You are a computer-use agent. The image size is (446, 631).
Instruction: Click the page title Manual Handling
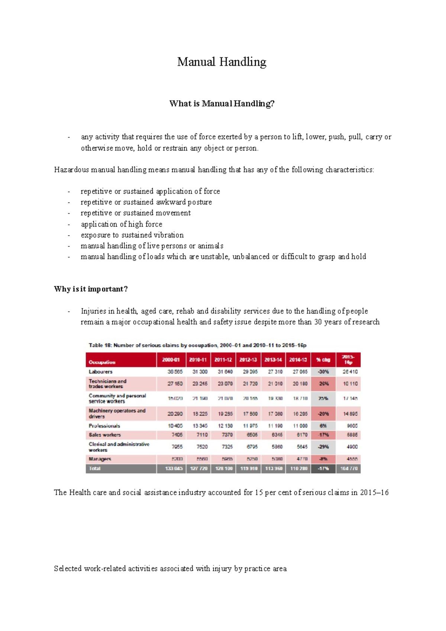[222, 62]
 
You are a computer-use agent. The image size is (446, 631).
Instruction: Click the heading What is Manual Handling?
[222, 104]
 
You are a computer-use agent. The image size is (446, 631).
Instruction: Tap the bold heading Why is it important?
[91, 289]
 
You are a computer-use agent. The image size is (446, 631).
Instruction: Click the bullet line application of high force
[122, 224]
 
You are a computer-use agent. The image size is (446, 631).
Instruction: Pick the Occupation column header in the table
[102, 362]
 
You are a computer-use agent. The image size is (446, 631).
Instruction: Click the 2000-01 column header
[171, 360]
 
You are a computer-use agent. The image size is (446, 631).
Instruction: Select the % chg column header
[323, 360]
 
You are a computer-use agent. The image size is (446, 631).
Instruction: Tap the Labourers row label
[100, 372]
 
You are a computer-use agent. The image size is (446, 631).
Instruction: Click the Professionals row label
[104, 426]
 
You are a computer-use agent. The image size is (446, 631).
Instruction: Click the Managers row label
[100, 459]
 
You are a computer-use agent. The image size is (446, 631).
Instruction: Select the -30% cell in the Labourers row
[323, 372]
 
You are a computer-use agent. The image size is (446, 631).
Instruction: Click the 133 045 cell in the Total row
[174, 469]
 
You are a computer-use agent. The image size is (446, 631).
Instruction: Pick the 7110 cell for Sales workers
[202, 435]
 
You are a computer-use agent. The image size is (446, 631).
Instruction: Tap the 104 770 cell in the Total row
[349, 469]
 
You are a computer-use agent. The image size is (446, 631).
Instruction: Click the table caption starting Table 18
[197, 345]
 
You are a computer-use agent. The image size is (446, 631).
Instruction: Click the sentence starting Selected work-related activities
[170, 569]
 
